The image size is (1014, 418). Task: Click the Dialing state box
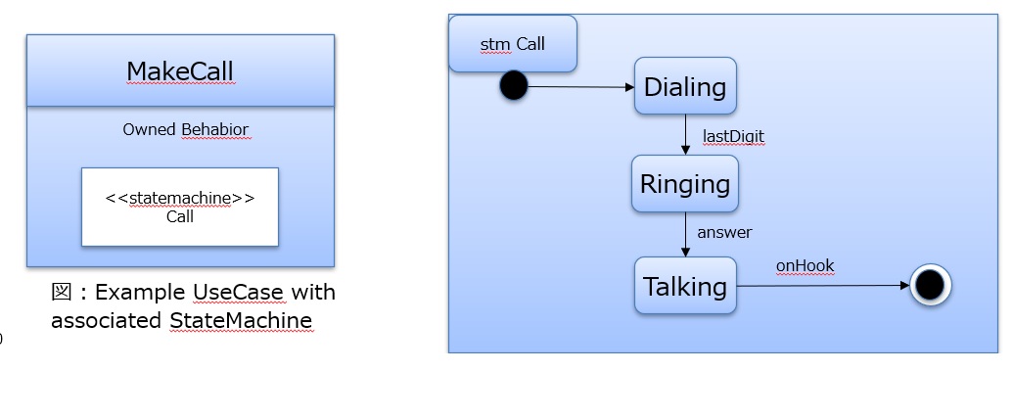(x=685, y=87)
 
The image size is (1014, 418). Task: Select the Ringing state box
(x=685, y=184)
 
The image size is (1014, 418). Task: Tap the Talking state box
(x=685, y=286)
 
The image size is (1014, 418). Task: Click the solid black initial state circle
(x=513, y=86)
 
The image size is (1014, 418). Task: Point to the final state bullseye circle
(x=930, y=286)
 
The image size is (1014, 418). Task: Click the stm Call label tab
(x=513, y=44)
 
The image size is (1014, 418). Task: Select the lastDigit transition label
(x=733, y=136)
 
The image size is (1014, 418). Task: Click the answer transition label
(x=724, y=232)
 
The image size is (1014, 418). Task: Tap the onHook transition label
(x=805, y=265)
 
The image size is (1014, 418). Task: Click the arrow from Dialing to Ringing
(x=685, y=134)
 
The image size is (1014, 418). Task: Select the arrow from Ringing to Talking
(x=685, y=234)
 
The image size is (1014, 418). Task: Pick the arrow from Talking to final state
(x=822, y=286)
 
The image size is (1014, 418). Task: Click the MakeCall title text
(x=180, y=71)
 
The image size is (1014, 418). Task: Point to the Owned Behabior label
(x=186, y=129)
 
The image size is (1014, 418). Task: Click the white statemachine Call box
(x=180, y=207)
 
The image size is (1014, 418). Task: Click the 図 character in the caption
(x=61, y=292)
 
